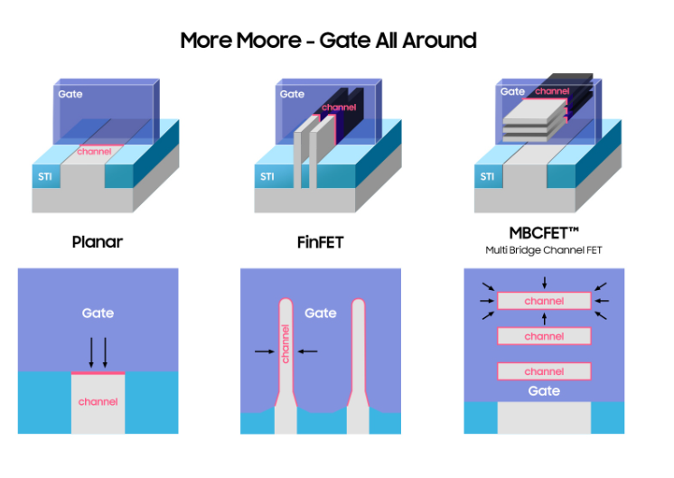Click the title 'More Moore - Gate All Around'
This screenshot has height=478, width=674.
[328, 41]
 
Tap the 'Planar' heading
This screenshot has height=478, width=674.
[98, 242]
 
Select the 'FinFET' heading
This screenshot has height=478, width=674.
[321, 242]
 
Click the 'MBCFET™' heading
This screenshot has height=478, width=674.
[544, 233]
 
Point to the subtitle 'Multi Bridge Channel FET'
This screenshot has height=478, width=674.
[544, 249]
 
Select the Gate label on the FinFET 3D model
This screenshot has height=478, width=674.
[292, 94]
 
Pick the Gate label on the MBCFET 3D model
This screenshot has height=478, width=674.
[512, 91]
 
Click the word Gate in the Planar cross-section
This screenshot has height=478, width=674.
[98, 313]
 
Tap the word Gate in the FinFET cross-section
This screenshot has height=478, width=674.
[321, 313]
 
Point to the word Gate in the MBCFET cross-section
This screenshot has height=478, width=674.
[544, 391]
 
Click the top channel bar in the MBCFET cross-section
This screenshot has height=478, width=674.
[544, 301]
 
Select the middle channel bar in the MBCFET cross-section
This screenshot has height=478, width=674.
[544, 336]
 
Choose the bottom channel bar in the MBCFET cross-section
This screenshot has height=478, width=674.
[544, 370]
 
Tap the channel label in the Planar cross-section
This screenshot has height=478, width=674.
[98, 401]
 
